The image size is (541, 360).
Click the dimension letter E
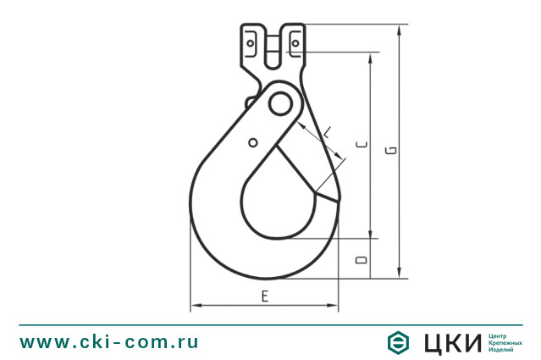pos(265,296)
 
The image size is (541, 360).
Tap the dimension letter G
pos(392,151)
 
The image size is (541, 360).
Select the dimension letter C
pos(362,144)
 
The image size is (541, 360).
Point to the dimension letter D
pos(362,259)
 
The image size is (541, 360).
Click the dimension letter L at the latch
pos(328,132)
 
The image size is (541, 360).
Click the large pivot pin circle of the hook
pos(280,103)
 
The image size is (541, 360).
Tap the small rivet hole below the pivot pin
pos(253,142)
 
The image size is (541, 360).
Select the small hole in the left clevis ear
pos(251,43)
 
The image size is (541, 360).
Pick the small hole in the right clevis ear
pos(295,43)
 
